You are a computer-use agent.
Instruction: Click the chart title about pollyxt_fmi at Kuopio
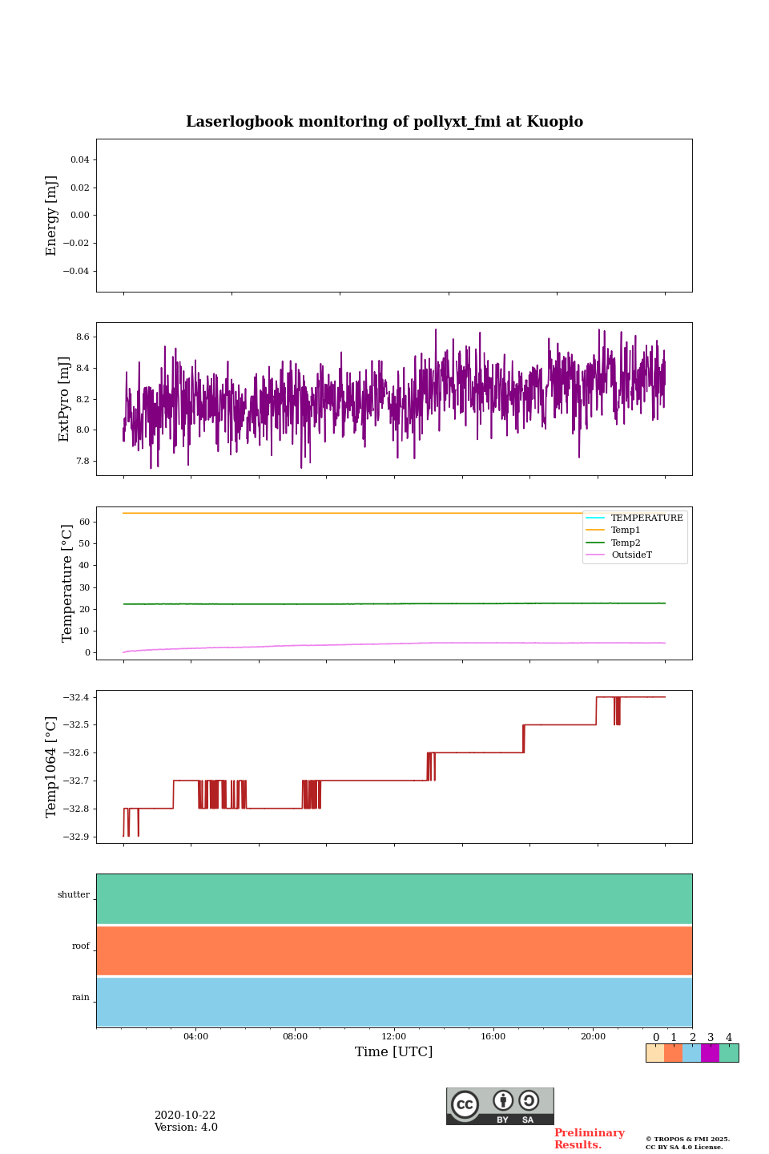[x=384, y=122]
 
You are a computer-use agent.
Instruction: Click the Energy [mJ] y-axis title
[x=52, y=216]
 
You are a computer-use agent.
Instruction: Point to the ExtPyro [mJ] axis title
[x=65, y=399]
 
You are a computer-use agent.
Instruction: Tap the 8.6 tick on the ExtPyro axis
[x=83, y=337]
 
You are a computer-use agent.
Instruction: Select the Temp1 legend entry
[x=625, y=531]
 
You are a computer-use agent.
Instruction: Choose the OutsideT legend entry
[x=631, y=555]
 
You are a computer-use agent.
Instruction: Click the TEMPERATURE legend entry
[x=646, y=518]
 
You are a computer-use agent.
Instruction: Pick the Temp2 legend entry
[x=625, y=543]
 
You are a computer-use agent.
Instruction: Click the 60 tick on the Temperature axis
[x=84, y=522]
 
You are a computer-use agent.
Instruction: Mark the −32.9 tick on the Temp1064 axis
[x=76, y=837]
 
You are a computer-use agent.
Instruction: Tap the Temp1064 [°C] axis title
[x=52, y=767]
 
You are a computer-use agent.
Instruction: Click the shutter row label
[x=74, y=895]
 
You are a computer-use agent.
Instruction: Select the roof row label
[x=81, y=946]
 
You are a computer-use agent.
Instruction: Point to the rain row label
[x=81, y=998]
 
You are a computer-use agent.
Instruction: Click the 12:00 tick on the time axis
[x=394, y=1037]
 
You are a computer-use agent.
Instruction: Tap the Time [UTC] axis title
[x=394, y=1052]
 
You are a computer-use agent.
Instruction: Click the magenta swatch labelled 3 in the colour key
[x=710, y=1053]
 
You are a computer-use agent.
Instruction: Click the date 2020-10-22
[x=185, y=1116]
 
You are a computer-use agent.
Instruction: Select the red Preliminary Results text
[x=589, y=1139]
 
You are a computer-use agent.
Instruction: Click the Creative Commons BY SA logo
[x=500, y=1106]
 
